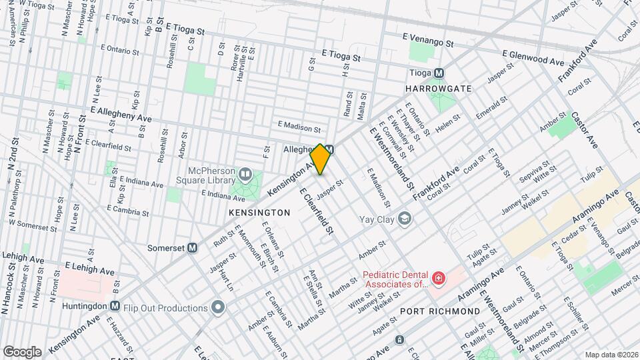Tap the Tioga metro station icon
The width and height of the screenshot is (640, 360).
[439, 73]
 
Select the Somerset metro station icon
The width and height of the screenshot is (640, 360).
[193, 247]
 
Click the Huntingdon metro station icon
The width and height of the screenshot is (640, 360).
[115, 306]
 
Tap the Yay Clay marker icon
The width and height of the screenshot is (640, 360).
[404, 219]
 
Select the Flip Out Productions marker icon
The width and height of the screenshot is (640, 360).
[217, 307]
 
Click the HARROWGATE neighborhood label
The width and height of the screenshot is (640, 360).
[438, 89]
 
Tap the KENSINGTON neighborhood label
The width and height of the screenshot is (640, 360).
[259, 213]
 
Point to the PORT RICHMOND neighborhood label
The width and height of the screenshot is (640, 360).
[439, 311]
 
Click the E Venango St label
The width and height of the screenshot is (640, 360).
[428, 41]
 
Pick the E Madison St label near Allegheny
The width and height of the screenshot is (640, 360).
[299, 125]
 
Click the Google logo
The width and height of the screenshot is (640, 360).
[21, 351]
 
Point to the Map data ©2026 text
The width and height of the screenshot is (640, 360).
[611, 355]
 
